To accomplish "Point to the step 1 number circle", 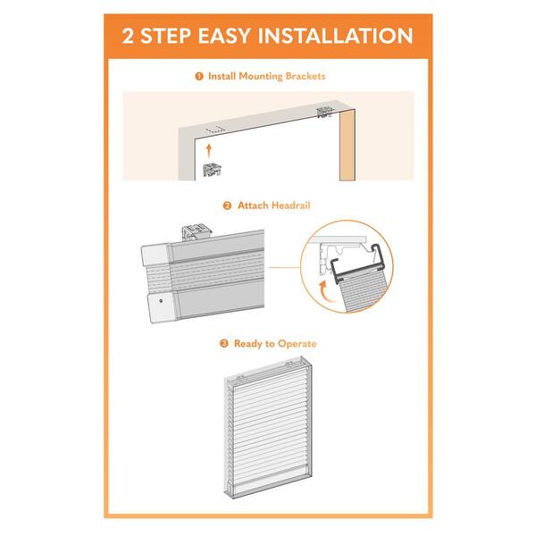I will point(198,77).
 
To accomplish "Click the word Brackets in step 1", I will point(306,77).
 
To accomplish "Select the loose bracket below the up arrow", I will point(212,167).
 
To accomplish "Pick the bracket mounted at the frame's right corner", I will point(323,113).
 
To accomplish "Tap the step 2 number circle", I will point(227,205).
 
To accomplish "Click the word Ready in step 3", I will point(248,344).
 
